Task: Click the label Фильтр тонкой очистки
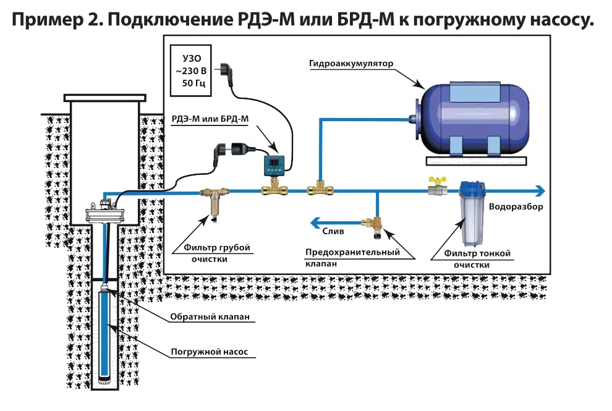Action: click(472, 259)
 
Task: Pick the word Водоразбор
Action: click(516, 207)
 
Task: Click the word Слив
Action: click(333, 231)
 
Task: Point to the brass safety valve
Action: click(375, 226)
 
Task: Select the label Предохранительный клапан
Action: click(352, 257)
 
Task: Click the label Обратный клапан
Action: click(206, 317)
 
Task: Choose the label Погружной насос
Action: click(209, 352)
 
